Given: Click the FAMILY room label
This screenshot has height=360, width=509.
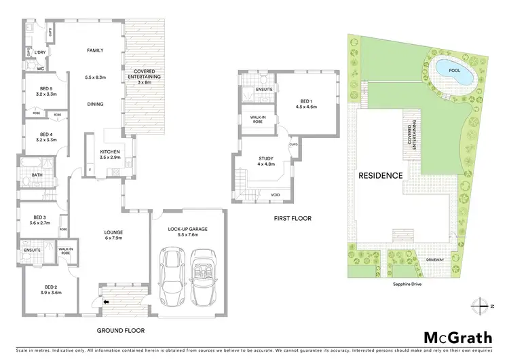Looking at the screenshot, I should coord(94,50).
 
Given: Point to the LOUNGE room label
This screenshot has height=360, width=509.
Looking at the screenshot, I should coord(113,232).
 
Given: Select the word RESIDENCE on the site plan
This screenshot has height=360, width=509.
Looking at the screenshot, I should coord(381,175).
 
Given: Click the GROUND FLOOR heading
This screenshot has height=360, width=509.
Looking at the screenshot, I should coord(121,331).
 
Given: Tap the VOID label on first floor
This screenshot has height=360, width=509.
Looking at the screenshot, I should coord(275,194).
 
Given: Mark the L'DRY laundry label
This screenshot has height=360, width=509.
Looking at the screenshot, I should coord(40,53).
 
